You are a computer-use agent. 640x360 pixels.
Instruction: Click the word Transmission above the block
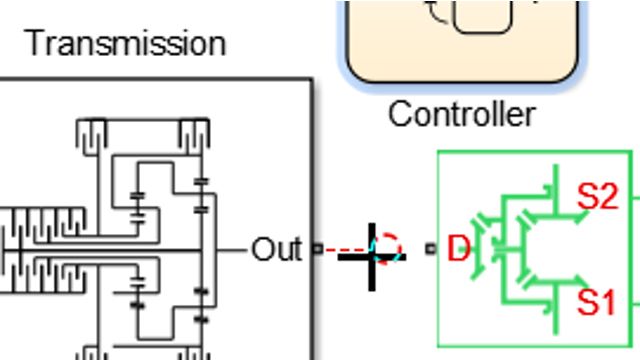(x=125, y=43)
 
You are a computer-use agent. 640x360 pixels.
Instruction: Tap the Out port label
(x=275, y=249)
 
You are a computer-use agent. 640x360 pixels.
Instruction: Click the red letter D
(x=458, y=248)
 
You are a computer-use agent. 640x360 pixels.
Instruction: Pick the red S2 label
(x=598, y=197)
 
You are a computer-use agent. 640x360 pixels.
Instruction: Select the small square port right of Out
(x=318, y=249)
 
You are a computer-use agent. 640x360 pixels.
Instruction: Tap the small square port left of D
(x=431, y=249)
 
